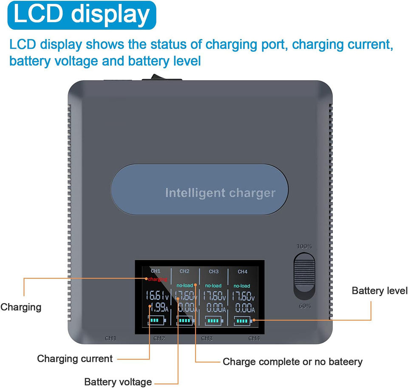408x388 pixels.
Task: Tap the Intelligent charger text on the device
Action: coord(220,193)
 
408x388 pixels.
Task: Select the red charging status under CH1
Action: coord(157,279)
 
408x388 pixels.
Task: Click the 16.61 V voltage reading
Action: coord(158,296)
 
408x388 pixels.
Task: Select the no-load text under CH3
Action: coord(213,286)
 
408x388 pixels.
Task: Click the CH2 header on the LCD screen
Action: coord(184,271)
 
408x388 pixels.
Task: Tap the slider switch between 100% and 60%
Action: coord(305,276)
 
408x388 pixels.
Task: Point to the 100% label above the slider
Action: coord(304,246)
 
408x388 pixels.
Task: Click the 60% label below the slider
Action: coord(305,306)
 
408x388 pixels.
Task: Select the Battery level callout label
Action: coord(379,291)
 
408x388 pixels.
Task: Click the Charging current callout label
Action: coord(75,359)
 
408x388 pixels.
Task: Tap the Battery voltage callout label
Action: coord(118,382)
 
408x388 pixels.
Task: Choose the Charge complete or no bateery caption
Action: coord(292,362)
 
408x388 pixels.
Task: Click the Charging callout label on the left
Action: coord(21,307)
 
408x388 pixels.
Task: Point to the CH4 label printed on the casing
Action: coord(254,338)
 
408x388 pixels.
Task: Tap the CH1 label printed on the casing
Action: coord(110,338)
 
